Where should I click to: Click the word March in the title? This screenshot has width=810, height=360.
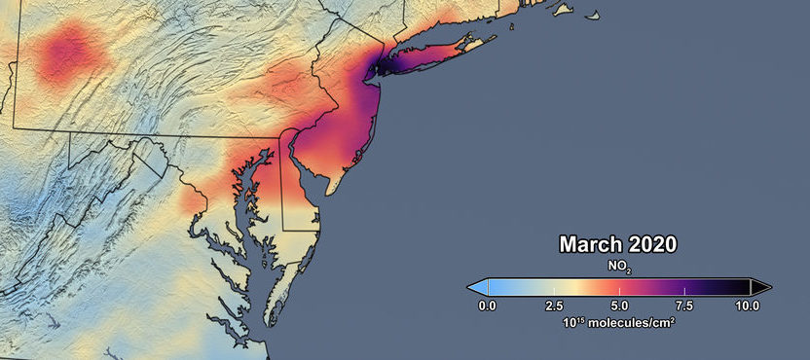tap(589, 243)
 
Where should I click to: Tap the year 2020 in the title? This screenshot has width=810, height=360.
tap(648, 243)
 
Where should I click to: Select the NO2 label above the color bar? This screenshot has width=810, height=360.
tap(619, 265)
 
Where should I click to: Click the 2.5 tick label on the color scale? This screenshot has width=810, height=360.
tap(553, 306)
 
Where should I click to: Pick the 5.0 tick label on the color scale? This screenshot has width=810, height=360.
tap(619, 306)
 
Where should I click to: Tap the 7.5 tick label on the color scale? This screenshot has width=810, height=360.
tap(684, 306)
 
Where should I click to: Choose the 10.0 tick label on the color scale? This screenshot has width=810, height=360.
tap(748, 306)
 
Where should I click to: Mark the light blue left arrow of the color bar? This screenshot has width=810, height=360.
tap(477, 287)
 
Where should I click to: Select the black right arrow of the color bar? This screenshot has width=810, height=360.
tap(760, 287)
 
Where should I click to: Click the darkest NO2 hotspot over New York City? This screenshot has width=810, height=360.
tap(377, 68)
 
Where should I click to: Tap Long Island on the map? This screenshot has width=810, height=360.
tap(438, 58)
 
